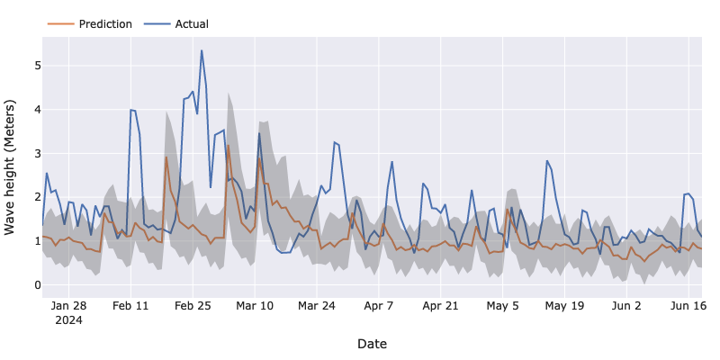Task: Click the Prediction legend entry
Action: [x=104, y=23]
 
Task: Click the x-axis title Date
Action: [x=372, y=343]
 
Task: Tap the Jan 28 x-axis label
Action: [x=68, y=306]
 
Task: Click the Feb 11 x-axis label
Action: [x=130, y=306]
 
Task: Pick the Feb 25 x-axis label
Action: [x=193, y=306]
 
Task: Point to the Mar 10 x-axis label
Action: [x=255, y=306]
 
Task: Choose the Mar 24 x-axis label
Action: [x=317, y=306]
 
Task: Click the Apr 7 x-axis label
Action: [x=379, y=306]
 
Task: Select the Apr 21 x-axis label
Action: [x=441, y=306]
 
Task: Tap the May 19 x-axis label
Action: [x=565, y=306]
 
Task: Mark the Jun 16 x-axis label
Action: [x=689, y=306]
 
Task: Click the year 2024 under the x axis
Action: [x=68, y=319]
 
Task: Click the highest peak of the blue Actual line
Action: [x=202, y=50]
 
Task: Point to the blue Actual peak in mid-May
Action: [x=546, y=161]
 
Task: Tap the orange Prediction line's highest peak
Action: [x=229, y=146]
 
